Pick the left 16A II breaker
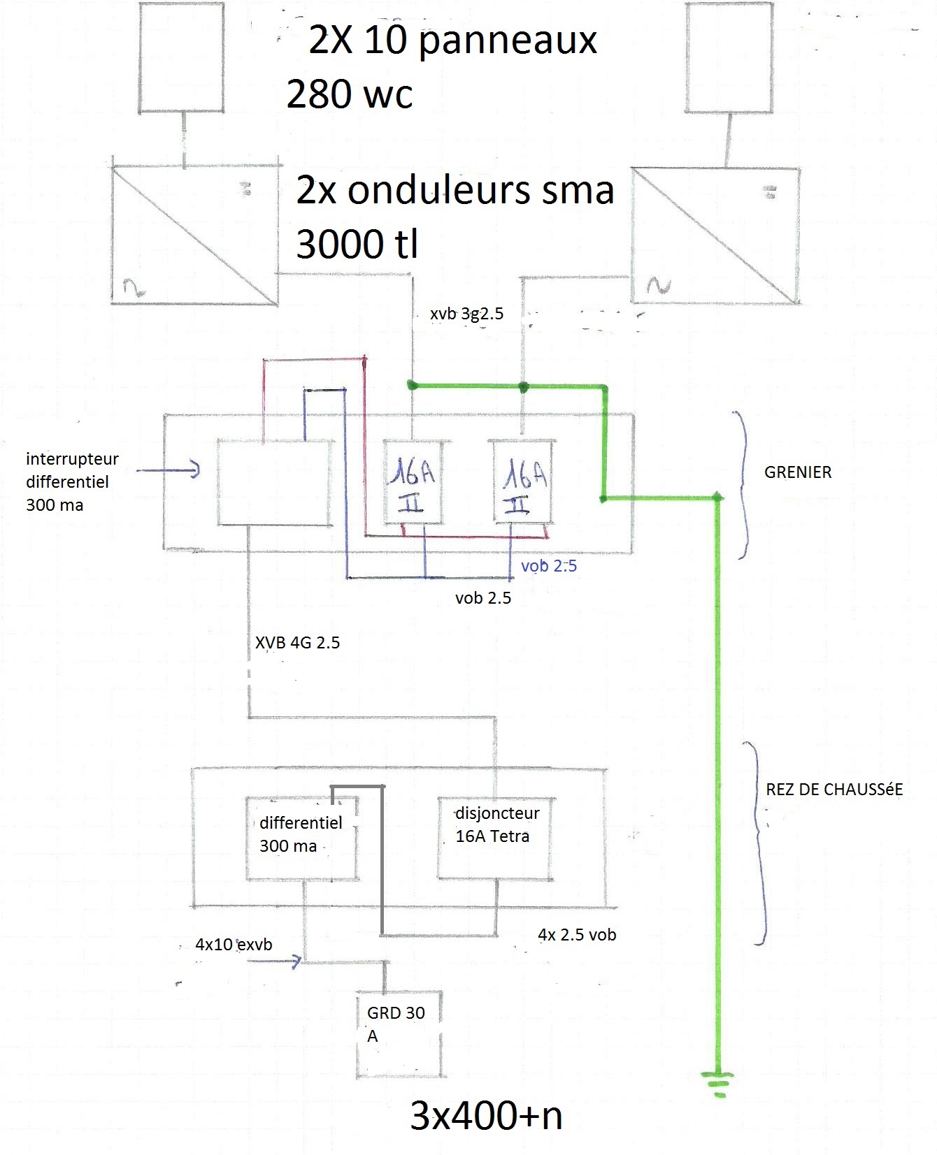(413, 481)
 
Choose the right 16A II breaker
(524, 481)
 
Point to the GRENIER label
(798, 472)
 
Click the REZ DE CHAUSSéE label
(834, 790)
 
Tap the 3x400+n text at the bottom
(486, 1116)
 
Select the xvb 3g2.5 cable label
(466, 314)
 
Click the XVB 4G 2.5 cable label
(297, 643)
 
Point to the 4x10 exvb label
(234, 945)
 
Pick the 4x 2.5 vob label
(577, 935)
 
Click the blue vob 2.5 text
(549, 566)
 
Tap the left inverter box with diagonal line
(194, 235)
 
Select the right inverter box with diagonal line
(715, 235)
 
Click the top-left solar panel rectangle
(181, 57)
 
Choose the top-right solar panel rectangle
(729, 57)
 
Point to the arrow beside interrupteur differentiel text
(168, 470)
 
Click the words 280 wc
(350, 94)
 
